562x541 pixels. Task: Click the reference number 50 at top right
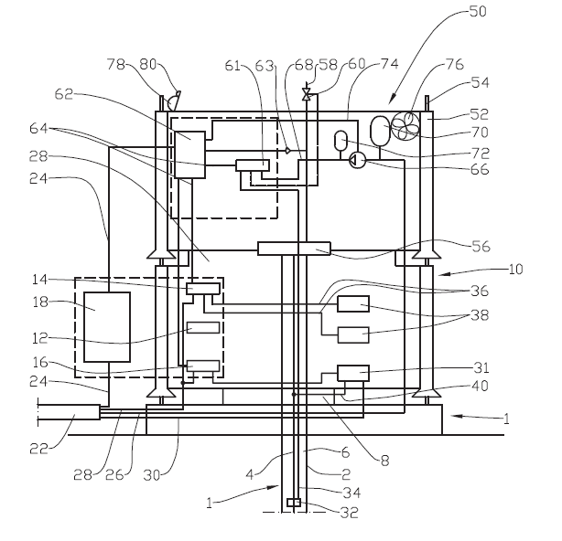tap(478, 11)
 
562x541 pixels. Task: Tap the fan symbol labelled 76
tap(405, 125)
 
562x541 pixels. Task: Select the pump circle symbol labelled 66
tap(357, 160)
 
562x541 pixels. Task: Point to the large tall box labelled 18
tap(107, 326)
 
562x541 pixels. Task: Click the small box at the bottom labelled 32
tap(294, 503)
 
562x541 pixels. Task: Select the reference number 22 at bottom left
tap(38, 449)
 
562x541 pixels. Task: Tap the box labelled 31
tap(353, 373)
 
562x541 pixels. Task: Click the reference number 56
tap(481, 247)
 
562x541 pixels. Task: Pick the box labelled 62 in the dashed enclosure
tap(189, 154)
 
